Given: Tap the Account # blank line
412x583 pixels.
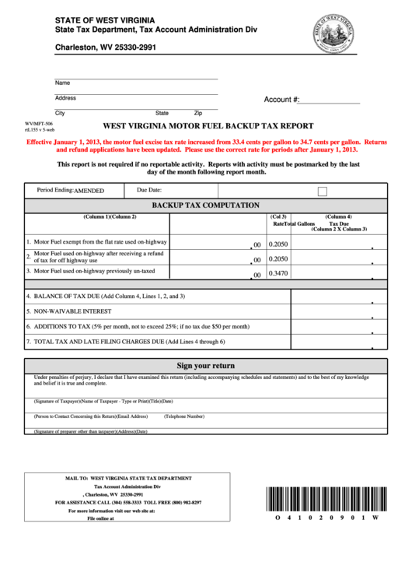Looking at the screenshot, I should point(330,101).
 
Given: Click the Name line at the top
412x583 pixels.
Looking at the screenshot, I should point(136,79).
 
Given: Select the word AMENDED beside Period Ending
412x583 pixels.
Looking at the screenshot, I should point(89,190).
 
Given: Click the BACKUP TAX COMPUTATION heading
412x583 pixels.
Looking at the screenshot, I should point(205,205).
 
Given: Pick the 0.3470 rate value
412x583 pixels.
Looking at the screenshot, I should point(278,273).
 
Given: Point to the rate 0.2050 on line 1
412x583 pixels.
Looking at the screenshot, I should point(278,244).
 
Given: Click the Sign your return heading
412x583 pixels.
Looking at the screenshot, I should point(205,365).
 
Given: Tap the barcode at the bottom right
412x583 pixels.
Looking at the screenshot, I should point(326,498).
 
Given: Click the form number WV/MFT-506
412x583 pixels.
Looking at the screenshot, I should point(39,124).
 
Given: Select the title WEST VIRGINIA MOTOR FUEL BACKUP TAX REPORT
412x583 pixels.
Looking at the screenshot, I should point(208,125).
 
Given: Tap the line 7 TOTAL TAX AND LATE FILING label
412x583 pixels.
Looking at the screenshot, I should point(125,342).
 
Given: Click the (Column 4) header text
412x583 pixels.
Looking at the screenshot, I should point(338,216).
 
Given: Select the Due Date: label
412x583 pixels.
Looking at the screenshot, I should point(149,189).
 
